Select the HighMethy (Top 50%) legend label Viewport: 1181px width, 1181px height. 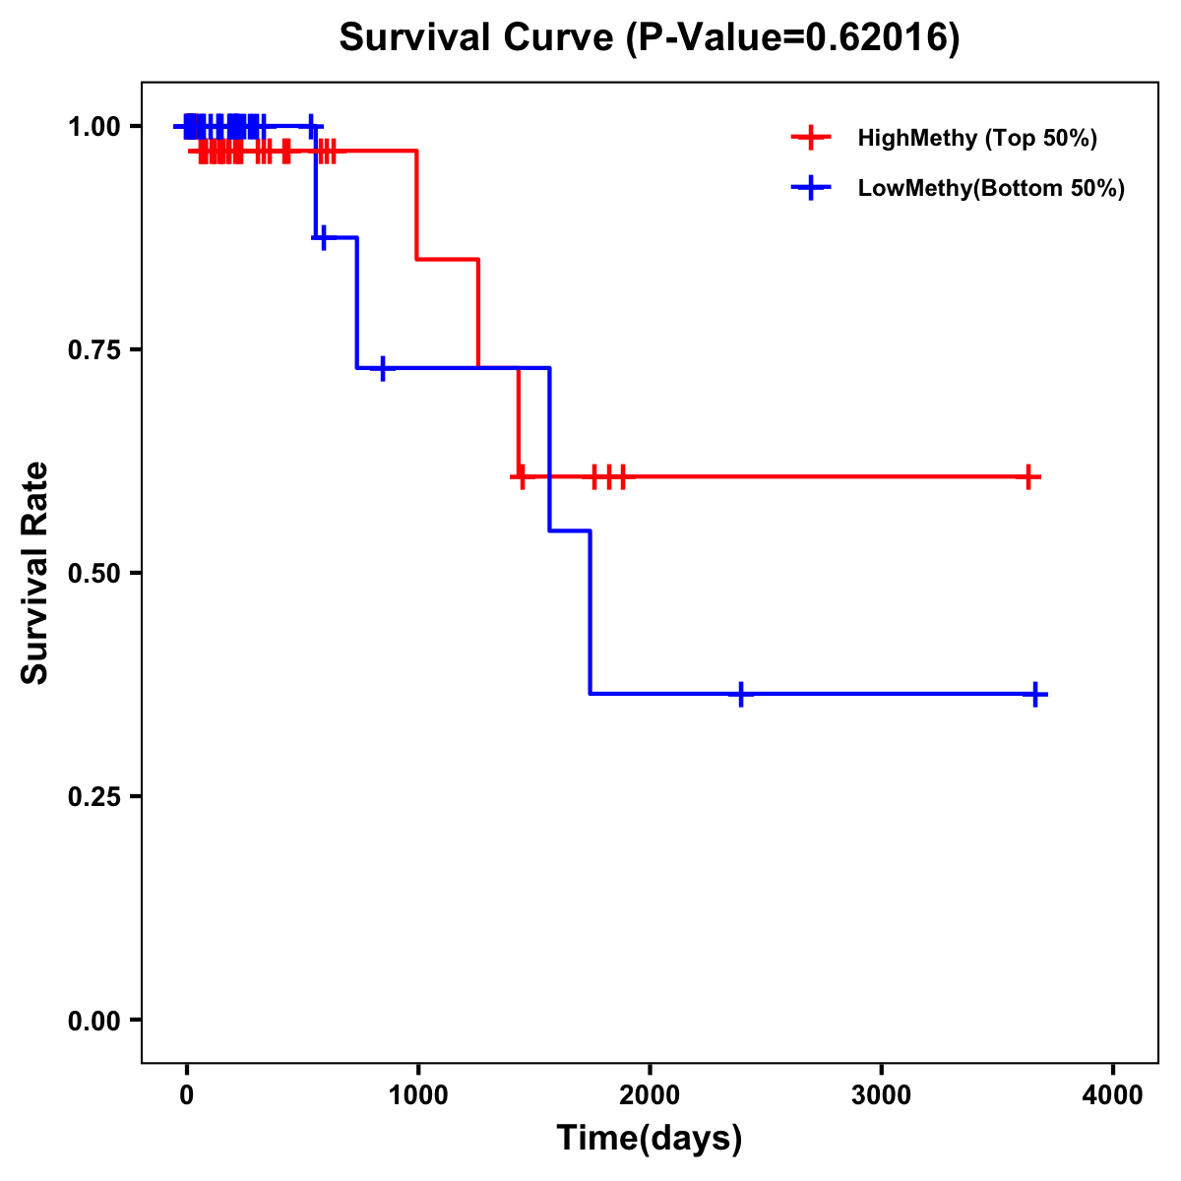(976, 138)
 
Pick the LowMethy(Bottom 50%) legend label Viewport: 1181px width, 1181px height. (991, 188)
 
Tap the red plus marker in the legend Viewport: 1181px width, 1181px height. (810, 138)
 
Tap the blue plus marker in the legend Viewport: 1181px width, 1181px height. (810, 188)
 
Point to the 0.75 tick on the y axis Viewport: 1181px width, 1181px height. (93, 349)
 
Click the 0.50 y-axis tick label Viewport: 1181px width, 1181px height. (93, 573)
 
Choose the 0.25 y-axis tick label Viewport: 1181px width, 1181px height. (93, 796)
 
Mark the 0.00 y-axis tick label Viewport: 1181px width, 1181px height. (93, 1020)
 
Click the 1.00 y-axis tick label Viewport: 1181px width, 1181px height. (93, 126)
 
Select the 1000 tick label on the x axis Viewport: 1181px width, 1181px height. (417, 1095)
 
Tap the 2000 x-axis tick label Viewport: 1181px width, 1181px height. (650, 1095)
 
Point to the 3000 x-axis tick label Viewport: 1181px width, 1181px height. (881, 1095)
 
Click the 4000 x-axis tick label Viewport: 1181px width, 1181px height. (1113, 1095)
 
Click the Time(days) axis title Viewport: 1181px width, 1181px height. (650, 1139)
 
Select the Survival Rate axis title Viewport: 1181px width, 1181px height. (35, 573)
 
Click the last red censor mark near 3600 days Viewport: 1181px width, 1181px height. (1027, 476)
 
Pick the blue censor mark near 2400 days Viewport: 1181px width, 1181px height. (741, 694)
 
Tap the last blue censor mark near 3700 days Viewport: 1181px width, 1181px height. (1035, 694)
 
